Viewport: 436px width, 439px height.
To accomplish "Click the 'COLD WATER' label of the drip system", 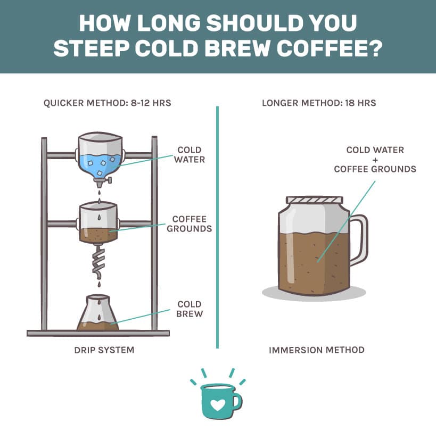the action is (x=190, y=155).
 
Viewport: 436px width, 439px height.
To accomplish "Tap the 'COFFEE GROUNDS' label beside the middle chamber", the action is (x=190, y=224).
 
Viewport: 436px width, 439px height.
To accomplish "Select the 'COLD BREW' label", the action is (x=190, y=309).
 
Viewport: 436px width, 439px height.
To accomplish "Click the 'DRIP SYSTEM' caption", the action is (x=104, y=350).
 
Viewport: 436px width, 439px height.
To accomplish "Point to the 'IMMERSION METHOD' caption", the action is (x=316, y=350).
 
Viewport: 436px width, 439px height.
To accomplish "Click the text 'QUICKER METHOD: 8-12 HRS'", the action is (x=107, y=103).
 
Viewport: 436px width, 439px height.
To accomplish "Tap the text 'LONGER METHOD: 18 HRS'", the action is (x=319, y=103).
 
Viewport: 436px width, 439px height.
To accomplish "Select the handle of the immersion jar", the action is (x=360, y=240).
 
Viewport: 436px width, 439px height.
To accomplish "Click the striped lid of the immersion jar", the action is (x=314, y=200).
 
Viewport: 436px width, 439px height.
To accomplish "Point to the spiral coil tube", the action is (x=98, y=262).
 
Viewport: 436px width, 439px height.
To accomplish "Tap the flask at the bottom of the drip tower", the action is (x=98, y=312).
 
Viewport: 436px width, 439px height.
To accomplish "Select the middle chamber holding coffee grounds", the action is (x=98, y=222).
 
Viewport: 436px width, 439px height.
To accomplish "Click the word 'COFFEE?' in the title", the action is (x=330, y=48).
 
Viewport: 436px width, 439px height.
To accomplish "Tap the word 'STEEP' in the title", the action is (x=92, y=48).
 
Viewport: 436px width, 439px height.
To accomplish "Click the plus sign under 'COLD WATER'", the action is (x=375, y=160).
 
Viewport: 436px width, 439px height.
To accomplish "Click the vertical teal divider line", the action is (x=218, y=227).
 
